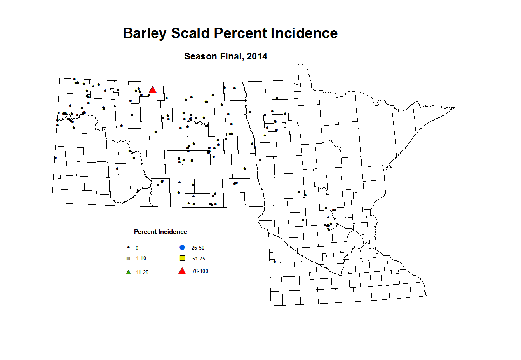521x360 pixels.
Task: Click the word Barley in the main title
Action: coord(145,33)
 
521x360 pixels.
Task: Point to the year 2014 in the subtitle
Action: coord(257,56)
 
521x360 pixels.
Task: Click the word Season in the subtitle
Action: coord(200,56)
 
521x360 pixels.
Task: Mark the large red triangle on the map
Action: coord(152,90)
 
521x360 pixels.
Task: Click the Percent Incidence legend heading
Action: coord(160,232)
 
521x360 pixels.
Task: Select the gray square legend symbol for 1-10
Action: coord(129,258)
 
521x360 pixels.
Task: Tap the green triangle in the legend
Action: coord(129,272)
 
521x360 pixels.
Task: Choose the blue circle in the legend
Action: coord(182,248)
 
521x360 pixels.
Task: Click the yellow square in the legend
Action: coord(182,258)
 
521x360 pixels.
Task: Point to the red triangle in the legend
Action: coord(182,271)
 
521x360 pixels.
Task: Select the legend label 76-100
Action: coord(200,271)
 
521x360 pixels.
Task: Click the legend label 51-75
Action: coord(199,259)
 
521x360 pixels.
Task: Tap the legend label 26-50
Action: coord(198,248)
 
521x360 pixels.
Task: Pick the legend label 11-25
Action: coord(142,272)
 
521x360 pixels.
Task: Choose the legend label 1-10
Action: coord(141,258)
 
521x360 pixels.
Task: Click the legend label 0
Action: coord(137,248)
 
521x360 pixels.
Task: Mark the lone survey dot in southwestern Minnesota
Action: coord(275,261)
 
